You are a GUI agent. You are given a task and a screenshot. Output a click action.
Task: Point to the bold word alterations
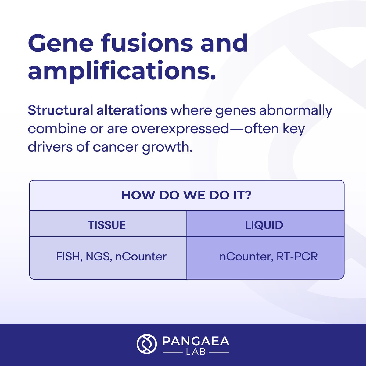click(x=131, y=111)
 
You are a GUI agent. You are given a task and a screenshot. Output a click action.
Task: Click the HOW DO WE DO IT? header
click(x=186, y=196)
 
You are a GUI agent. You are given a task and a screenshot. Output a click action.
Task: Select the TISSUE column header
click(x=107, y=225)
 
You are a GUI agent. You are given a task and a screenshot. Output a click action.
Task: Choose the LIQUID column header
click(x=264, y=225)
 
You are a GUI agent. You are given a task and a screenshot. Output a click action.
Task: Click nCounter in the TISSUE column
click(x=141, y=257)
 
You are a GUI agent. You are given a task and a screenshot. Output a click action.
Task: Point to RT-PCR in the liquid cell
click(x=297, y=257)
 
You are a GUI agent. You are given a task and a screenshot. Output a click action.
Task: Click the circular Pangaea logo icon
click(x=147, y=344)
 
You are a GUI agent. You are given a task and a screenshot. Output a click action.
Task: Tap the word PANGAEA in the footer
click(x=196, y=341)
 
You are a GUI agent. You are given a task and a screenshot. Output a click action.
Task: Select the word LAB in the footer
click(x=196, y=352)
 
